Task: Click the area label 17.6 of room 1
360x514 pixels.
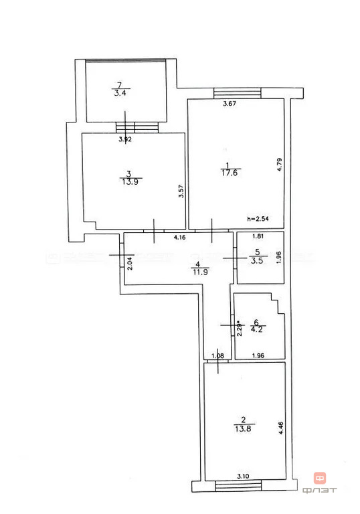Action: click(x=230, y=173)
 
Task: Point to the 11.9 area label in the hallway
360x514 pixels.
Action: click(x=199, y=272)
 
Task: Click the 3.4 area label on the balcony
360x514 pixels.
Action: click(x=121, y=93)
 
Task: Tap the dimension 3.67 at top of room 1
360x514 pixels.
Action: click(x=230, y=104)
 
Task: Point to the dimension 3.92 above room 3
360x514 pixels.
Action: click(x=124, y=139)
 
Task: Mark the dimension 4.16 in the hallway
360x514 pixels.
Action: click(x=180, y=237)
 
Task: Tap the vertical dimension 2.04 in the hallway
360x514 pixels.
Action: click(x=130, y=262)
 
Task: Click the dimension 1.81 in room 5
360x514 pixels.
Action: click(x=258, y=236)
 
